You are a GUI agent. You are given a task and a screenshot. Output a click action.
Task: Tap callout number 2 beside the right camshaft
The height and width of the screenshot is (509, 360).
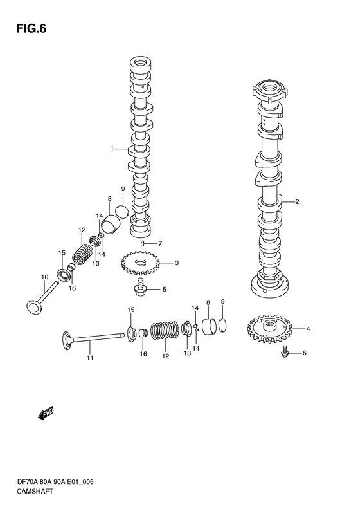pyautogui.click(x=298, y=202)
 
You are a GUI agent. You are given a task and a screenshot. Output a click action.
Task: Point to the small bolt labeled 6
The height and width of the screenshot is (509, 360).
pyautogui.click(x=145, y=243)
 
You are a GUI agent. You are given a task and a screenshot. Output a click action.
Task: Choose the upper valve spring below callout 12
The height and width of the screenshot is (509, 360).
pyautogui.click(x=82, y=252)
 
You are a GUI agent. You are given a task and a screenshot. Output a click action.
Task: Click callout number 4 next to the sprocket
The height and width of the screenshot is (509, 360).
pyautogui.click(x=308, y=329)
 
